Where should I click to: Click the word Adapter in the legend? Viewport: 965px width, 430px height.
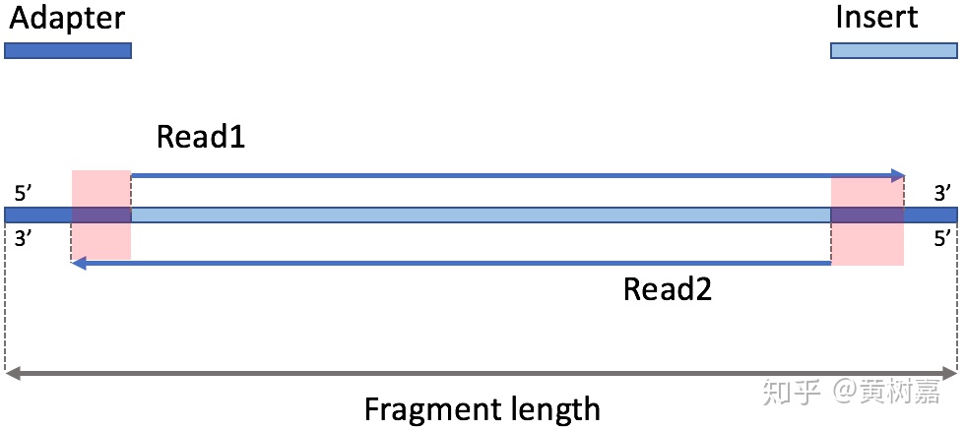[x=68, y=18]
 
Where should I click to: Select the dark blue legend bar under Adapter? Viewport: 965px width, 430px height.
[x=68, y=50]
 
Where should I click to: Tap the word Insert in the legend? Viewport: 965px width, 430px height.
[x=875, y=18]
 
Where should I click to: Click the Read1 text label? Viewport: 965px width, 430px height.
[x=201, y=137]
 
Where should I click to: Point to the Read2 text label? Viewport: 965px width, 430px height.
[x=668, y=289]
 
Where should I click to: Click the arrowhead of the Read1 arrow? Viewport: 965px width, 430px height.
[x=897, y=176]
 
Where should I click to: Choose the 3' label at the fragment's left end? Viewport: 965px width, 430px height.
[x=23, y=237]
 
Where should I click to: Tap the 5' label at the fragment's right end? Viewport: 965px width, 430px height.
[x=942, y=237]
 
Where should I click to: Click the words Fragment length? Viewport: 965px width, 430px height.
[x=482, y=408]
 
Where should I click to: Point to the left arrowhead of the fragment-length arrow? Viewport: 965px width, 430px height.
[x=12, y=374]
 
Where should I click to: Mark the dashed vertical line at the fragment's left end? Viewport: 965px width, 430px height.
[x=6, y=295]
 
